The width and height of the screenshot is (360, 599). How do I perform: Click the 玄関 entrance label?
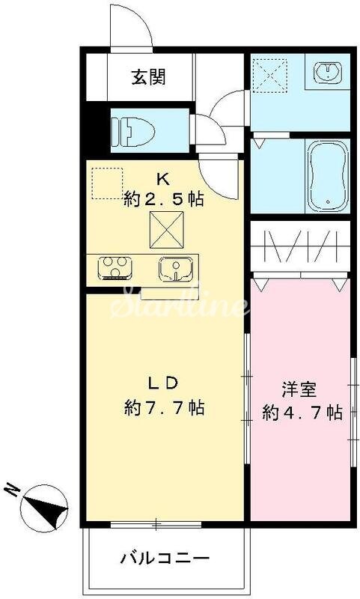click(150, 77)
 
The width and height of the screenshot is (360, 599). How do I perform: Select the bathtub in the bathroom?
click(327, 176)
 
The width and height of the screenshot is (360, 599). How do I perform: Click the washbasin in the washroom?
click(328, 73)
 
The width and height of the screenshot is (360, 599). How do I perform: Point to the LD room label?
click(162, 383)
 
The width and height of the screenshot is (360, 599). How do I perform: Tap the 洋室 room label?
click(299, 389)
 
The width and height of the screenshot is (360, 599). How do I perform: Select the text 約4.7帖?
click(302, 412)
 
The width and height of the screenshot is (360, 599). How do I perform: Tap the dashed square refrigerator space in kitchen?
click(106, 183)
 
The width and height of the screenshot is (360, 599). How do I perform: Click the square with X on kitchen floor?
click(167, 228)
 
